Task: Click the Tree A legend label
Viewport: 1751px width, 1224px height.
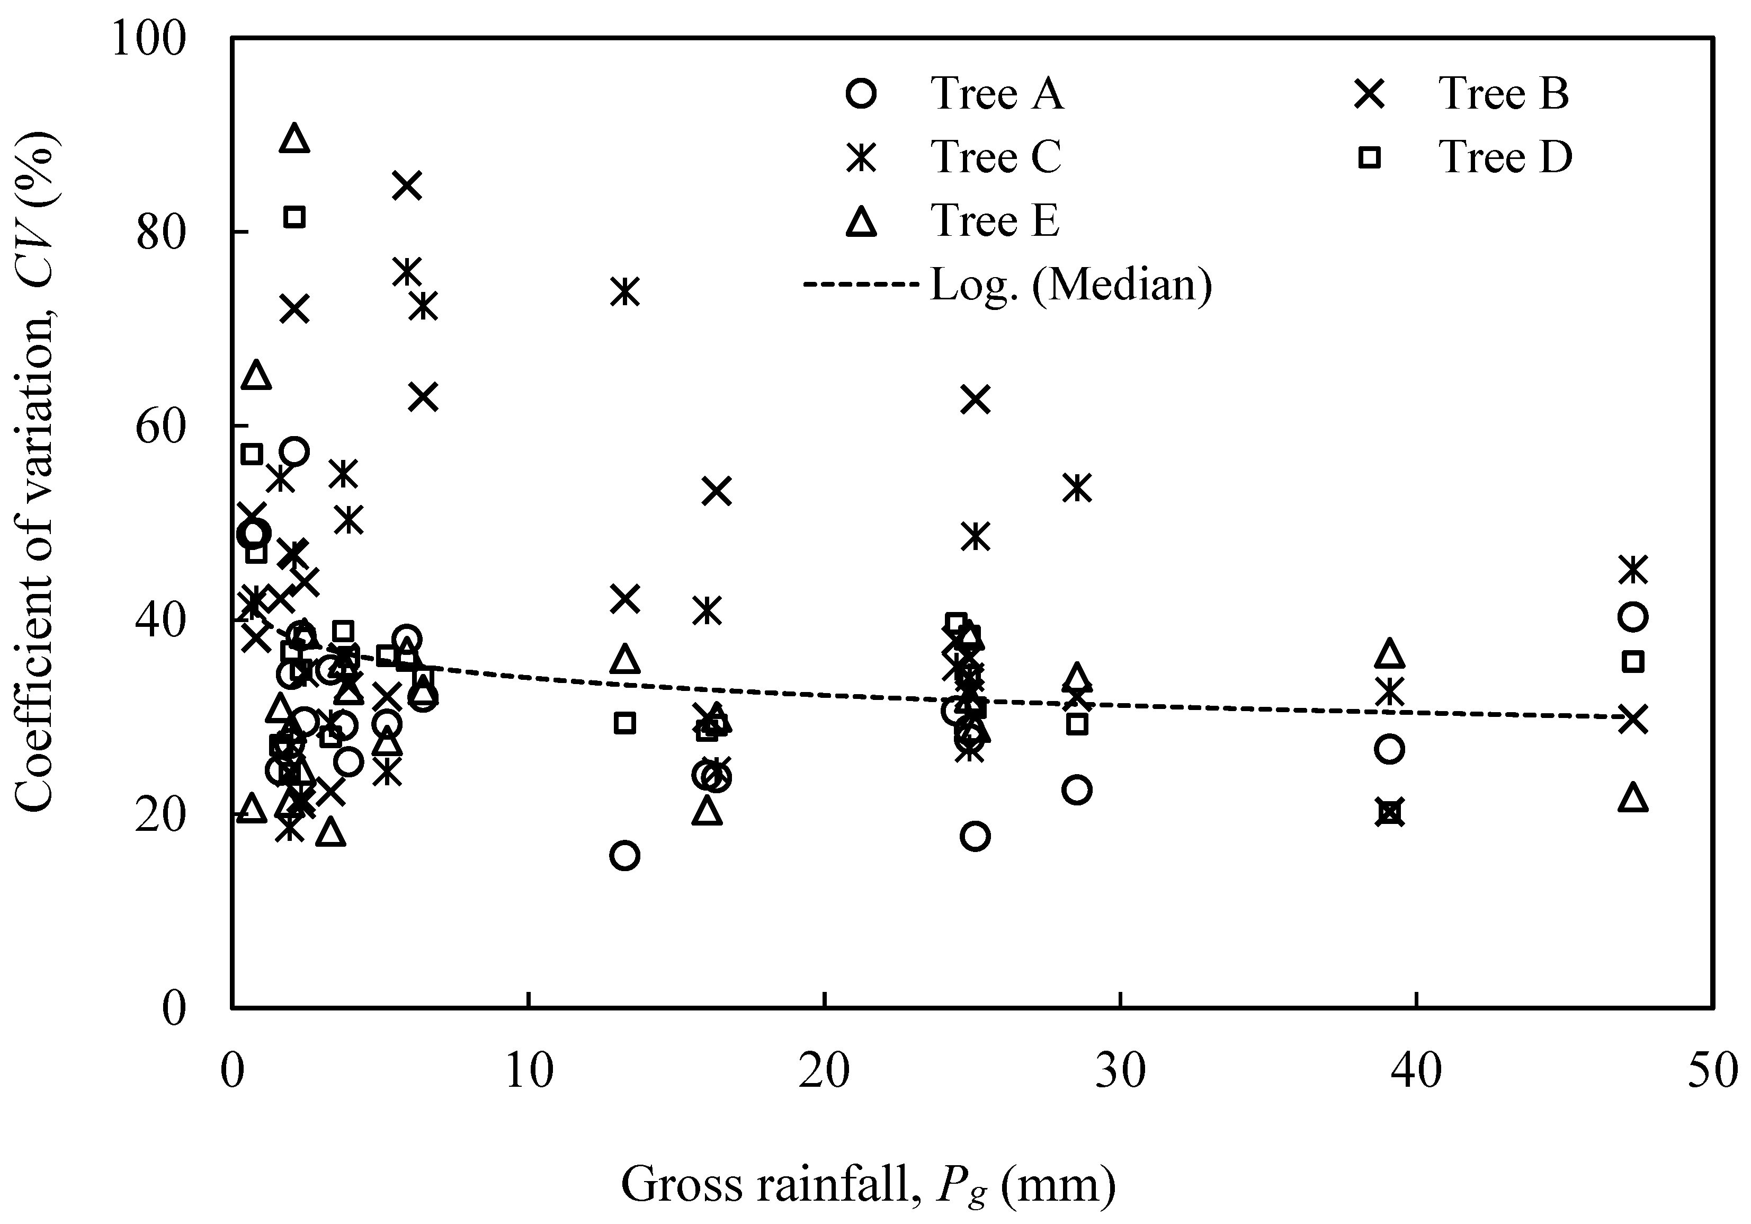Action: [996, 95]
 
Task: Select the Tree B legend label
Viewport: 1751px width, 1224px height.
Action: [1504, 95]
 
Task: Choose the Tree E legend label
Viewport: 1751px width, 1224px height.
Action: [995, 221]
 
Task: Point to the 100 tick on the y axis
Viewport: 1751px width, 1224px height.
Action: [149, 38]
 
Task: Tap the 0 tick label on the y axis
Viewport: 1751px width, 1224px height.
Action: [175, 1009]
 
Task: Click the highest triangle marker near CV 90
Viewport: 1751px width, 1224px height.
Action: [294, 139]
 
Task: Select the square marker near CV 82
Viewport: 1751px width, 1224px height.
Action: [294, 217]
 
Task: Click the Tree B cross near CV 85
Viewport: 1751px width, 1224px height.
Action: [407, 185]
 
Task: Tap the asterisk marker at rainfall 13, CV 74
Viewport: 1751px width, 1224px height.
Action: [626, 291]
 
